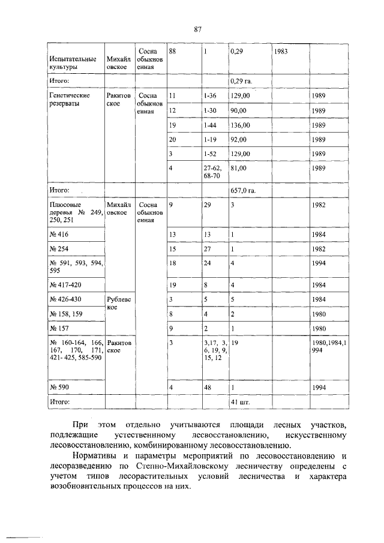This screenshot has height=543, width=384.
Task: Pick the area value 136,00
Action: [x=241, y=125]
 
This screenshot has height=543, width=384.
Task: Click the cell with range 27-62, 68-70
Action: [x=212, y=172]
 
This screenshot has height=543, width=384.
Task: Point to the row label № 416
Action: [x=58, y=233]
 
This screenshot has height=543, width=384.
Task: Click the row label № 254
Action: [x=58, y=248]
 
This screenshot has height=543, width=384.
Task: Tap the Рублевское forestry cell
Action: [x=118, y=302]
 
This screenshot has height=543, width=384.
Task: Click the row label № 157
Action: [x=58, y=328]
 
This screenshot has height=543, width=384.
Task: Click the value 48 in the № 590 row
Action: [x=208, y=388]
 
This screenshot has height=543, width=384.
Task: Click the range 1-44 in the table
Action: [x=210, y=125]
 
